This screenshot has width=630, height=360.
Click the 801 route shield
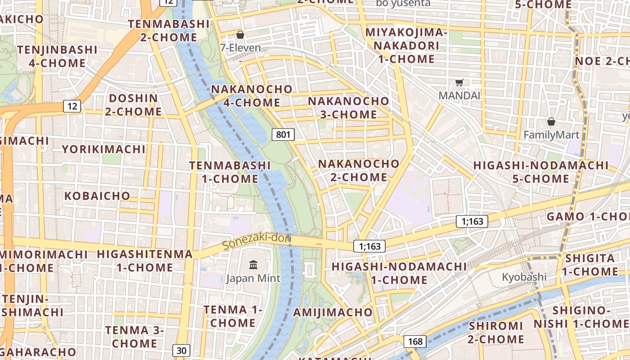pos(283,134)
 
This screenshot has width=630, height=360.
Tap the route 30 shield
pos(181,350)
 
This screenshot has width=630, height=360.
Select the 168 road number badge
pos(415,342)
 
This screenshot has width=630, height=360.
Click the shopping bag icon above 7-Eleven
pos(240,35)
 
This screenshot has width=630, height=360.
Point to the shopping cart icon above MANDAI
pos(459,82)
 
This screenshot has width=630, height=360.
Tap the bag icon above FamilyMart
pos(551,121)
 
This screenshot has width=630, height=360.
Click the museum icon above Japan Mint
pos(253,265)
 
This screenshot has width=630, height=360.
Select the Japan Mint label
pos(253,278)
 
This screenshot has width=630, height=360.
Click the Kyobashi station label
pos(524,276)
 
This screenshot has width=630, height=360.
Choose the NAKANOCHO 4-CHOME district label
pos(246,96)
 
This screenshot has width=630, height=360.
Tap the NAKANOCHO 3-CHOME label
pos(349,108)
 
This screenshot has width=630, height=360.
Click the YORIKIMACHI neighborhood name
pos(103,149)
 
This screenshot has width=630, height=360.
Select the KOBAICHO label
pos(97,196)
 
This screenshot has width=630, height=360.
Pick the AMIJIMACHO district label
pos(333,312)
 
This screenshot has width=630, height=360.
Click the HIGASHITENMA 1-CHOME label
pos(145,261)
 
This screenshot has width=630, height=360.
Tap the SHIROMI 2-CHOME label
pos(496,332)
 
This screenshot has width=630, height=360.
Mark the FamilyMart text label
pos(551,135)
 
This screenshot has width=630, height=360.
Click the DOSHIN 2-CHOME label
pos(134,105)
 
